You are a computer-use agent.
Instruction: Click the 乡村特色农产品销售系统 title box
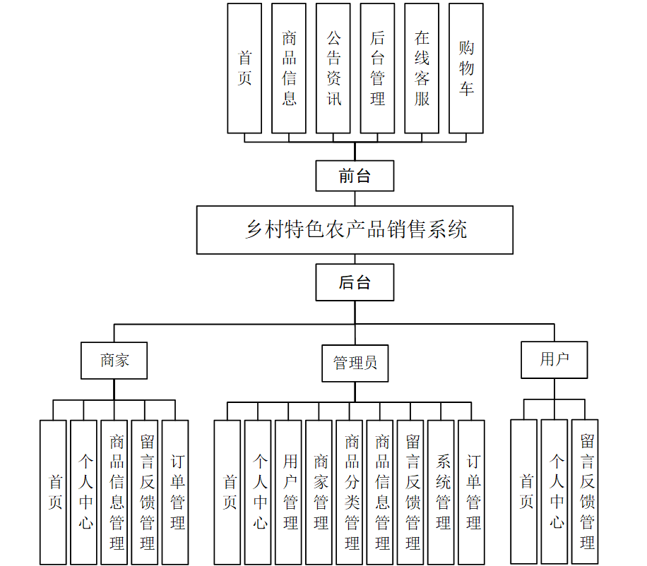355,230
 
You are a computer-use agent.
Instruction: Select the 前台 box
355,176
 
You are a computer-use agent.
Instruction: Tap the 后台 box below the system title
355,282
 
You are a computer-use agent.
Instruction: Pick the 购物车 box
466,68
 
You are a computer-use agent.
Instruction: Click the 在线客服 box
422,68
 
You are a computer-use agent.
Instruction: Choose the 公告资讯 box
333,68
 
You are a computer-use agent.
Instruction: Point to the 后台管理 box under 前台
377,68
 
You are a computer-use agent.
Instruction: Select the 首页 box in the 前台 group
244,68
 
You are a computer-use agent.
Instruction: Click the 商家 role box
114,360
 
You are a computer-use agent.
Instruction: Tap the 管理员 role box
355,363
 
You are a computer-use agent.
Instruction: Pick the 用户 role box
554,359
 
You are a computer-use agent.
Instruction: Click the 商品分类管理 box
352,493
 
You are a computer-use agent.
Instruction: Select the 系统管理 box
443,493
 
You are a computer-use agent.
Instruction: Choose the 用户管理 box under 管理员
290,493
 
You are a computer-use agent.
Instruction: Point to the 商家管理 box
321,493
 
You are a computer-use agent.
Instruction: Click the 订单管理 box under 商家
175,493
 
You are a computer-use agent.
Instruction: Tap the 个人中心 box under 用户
557,493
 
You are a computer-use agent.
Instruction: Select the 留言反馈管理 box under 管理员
412,493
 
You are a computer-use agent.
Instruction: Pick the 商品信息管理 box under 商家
114,493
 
